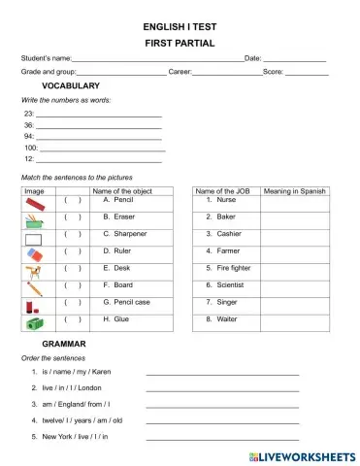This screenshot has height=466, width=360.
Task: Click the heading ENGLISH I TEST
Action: click(x=180, y=26)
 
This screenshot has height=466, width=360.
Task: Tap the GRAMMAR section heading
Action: click(x=64, y=344)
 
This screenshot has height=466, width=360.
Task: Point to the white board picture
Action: click(x=34, y=237)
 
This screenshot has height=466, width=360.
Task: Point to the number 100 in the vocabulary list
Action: click(x=29, y=148)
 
